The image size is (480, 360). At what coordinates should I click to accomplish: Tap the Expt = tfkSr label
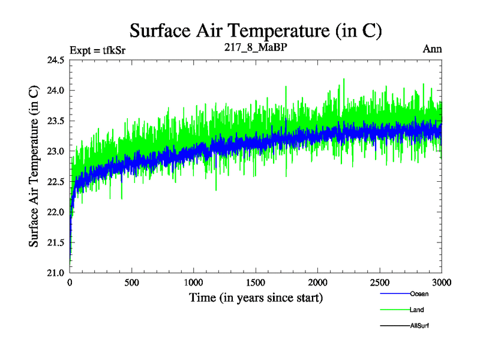tap(97, 50)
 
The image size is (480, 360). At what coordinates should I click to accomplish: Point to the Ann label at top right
tap(432, 49)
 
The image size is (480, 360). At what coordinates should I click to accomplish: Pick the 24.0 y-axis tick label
tap(54, 91)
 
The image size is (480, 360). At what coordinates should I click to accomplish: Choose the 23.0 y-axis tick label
tap(54, 151)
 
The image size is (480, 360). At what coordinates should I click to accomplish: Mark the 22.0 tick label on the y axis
tap(54, 212)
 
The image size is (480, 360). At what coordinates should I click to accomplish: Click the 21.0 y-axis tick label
tap(54, 273)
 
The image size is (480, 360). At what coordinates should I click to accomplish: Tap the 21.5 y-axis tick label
tap(54, 242)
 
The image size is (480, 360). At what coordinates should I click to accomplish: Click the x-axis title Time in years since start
tap(256, 298)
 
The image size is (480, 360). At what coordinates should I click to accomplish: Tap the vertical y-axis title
tap(35, 166)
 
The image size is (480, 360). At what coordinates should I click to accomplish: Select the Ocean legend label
tap(419, 294)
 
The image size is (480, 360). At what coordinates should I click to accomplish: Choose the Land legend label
tap(418, 310)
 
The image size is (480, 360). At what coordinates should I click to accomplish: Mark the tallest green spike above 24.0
tap(344, 79)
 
